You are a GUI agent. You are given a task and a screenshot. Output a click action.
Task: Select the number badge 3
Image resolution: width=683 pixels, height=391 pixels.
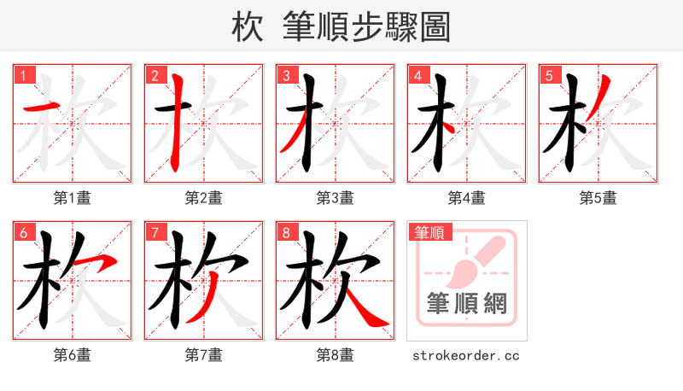point(287,76)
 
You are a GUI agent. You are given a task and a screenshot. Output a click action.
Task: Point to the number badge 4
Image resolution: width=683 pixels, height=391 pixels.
point(418,76)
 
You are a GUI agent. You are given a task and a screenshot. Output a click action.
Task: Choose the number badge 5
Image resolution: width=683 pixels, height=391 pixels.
point(550,76)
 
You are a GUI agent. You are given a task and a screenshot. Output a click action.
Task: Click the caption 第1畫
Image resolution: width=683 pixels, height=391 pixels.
point(73,198)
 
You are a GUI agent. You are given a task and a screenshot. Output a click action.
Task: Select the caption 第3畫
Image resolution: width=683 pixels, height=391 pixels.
point(336,198)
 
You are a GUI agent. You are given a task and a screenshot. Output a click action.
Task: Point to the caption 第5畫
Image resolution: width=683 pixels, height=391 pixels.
point(598,198)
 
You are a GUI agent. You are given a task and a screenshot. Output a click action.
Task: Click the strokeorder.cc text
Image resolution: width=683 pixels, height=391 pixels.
point(466,355)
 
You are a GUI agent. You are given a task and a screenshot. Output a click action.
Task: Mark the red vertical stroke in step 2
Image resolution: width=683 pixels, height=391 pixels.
point(178,120)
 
